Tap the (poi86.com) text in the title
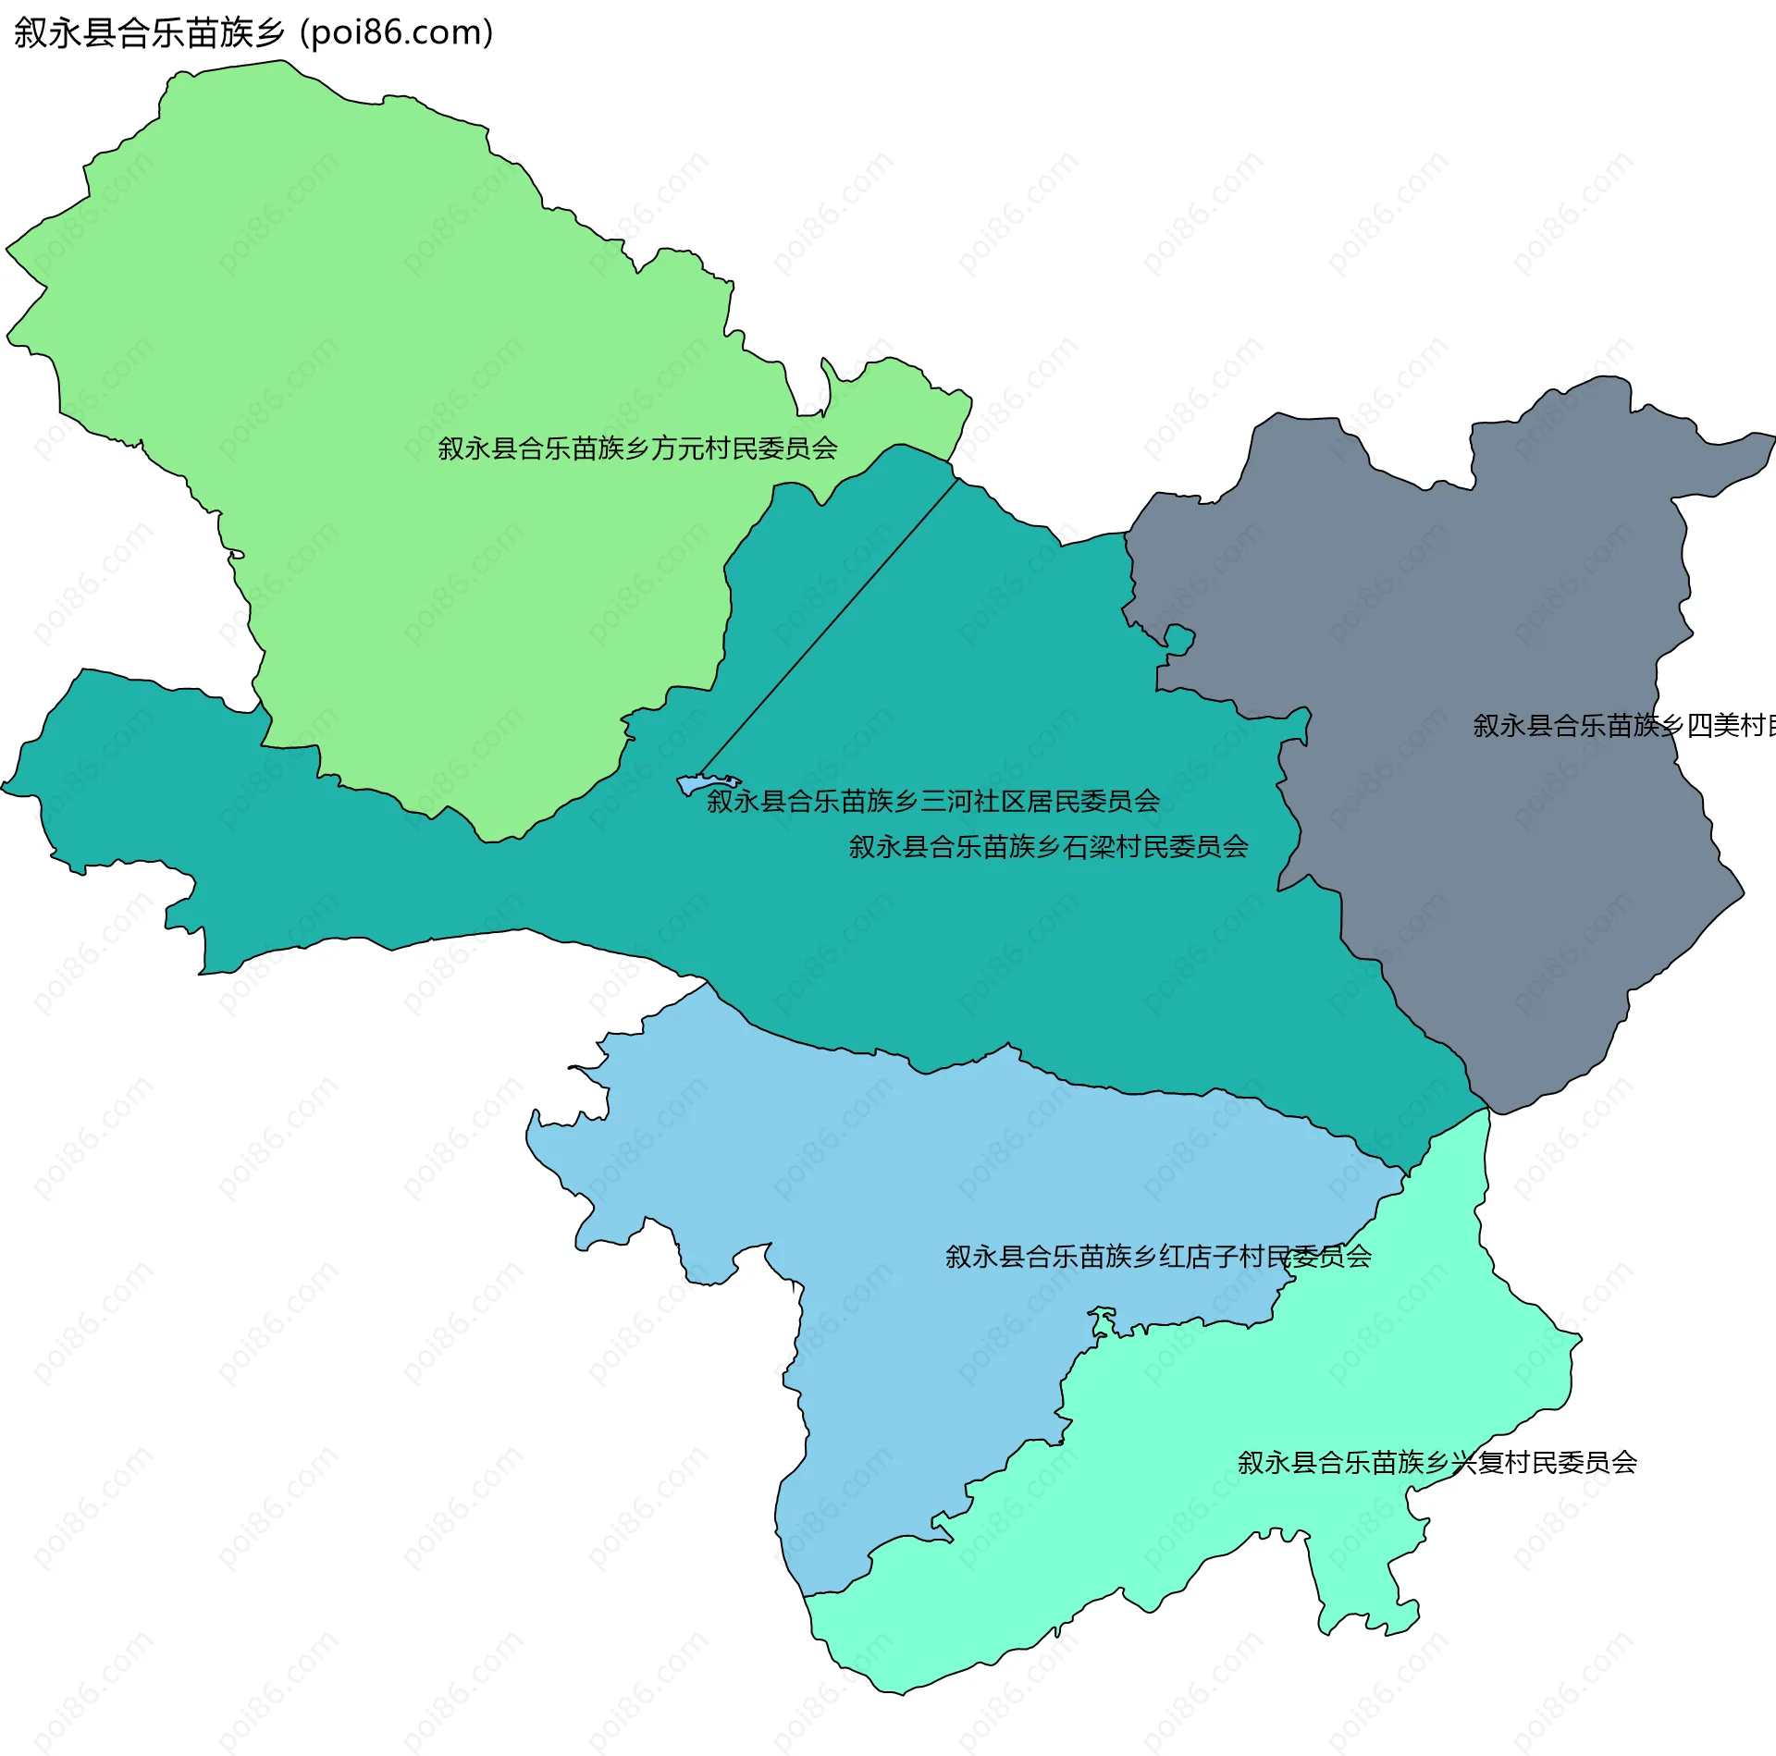pos(396,33)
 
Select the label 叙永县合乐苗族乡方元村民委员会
pos(637,448)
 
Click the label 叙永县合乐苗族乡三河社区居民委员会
pos(932,801)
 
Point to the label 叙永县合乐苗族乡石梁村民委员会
pos(1049,846)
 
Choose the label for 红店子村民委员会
pos(1158,1257)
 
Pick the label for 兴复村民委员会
pos(1437,1463)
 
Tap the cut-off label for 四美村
pos(1623,726)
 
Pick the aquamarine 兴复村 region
pos(1202,1526)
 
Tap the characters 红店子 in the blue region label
pos(1199,1257)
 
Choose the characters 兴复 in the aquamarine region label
pos(1478,1463)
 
